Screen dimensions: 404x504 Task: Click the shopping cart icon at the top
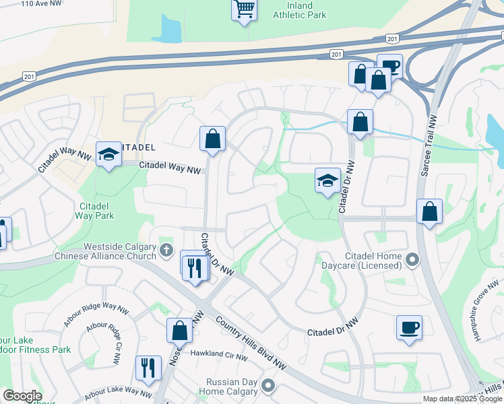point(245,10)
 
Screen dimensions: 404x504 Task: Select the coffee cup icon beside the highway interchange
point(389,67)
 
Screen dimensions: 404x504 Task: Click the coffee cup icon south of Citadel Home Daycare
point(409,328)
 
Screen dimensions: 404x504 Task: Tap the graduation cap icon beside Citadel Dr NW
point(327,180)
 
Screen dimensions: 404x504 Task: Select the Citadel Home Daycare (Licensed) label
point(373,262)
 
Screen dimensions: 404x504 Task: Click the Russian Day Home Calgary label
point(232,386)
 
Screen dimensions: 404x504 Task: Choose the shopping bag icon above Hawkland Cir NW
point(180,331)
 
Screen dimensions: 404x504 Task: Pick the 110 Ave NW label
point(42,4)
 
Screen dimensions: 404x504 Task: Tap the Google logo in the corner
point(22,396)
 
